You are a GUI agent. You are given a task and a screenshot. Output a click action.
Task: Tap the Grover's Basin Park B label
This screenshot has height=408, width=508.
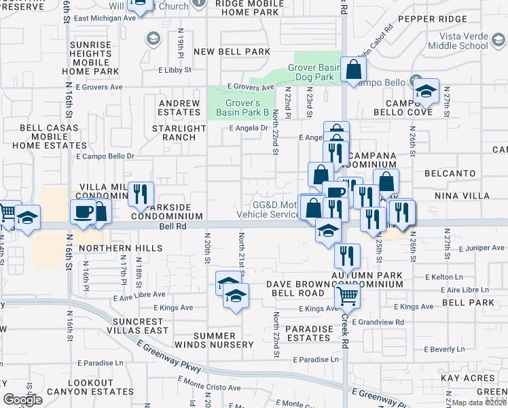[x=242, y=107]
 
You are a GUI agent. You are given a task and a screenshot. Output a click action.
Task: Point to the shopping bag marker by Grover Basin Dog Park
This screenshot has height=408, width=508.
[x=353, y=69]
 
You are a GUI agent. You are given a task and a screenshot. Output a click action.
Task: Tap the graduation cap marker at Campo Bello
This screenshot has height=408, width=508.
[x=425, y=91]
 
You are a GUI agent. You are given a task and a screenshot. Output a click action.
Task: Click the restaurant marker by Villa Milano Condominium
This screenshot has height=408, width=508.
[x=141, y=194]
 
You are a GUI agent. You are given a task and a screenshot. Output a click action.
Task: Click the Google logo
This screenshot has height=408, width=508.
[x=22, y=400]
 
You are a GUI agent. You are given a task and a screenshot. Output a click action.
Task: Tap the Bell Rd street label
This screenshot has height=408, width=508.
[x=173, y=227]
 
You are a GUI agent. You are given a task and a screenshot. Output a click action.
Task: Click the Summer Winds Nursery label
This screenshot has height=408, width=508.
[x=223, y=340]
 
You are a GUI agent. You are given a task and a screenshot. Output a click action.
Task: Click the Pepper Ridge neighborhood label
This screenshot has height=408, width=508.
[x=442, y=18]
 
